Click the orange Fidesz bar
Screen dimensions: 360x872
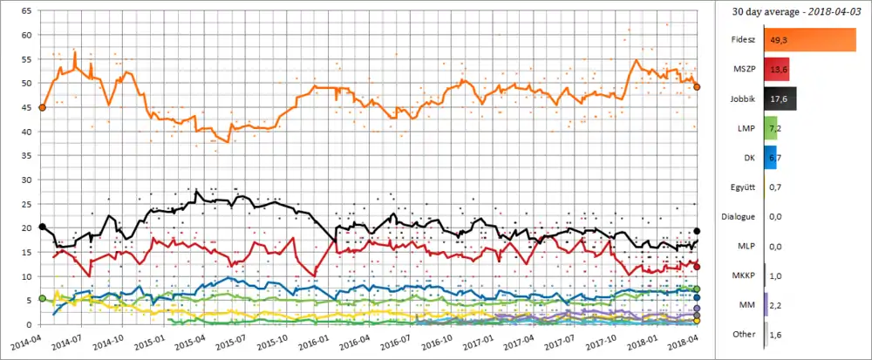coord(809,40)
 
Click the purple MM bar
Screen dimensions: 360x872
coord(766,304)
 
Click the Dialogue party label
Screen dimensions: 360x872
coord(738,216)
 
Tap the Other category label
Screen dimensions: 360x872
coord(745,334)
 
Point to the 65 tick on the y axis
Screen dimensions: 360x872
coord(26,11)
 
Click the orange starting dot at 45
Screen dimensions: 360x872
coord(42,107)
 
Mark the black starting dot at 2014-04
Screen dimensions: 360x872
coord(42,227)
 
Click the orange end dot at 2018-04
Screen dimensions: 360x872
coord(697,87)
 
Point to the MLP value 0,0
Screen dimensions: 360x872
coord(776,246)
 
